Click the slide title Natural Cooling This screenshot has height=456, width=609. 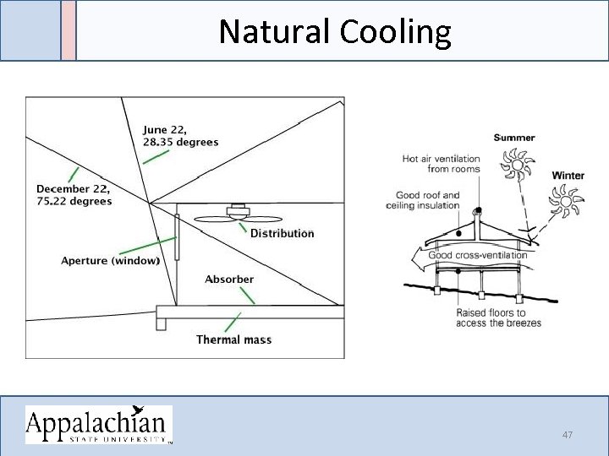pos(334,32)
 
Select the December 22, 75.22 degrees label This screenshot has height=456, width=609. pos(74,195)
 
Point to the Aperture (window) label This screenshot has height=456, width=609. pos(111,261)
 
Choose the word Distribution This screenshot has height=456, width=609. pos(282,233)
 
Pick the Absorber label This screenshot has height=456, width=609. pos(228,279)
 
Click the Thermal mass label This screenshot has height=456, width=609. pos(233,339)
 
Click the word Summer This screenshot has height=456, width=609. pos(514,138)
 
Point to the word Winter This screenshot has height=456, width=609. pos(568,176)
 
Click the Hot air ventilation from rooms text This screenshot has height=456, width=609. pos(441,164)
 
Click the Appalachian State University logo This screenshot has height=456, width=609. pos(98,424)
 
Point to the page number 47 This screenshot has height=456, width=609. pos(568,434)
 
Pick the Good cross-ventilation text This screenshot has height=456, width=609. pos(477,255)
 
